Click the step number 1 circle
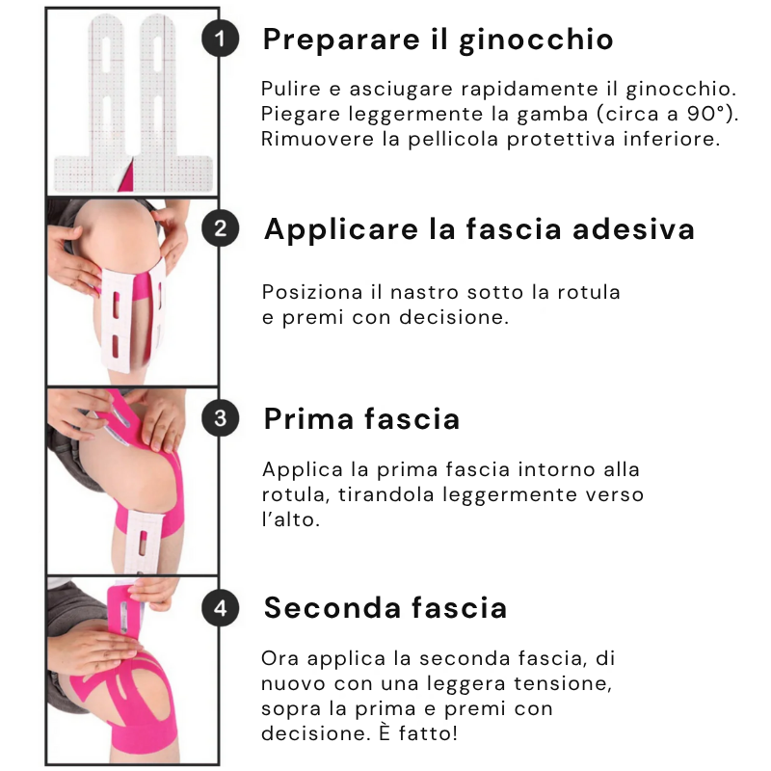coord(221,39)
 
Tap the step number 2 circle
coord(221,228)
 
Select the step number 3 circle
coord(221,418)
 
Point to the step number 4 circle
coord(221,608)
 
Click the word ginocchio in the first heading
coord(536,40)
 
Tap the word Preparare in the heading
coord(342,40)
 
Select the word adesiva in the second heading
coord(634,229)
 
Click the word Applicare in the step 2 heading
coord(341,230)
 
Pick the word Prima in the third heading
coord(308,419)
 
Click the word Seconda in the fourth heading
coord(332,608)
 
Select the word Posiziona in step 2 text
coord(312,292)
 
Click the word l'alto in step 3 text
coord(291,519)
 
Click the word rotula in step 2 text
coord(589,292)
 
